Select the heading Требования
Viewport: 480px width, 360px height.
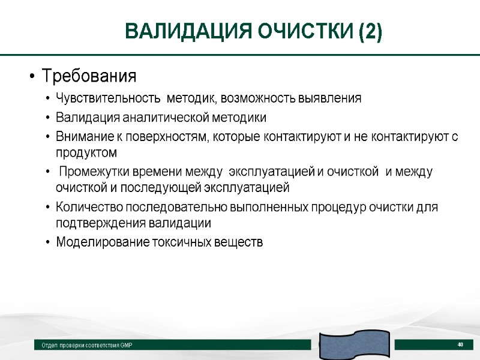(x=89, y=77)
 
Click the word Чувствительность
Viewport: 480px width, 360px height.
(x=108, y=98)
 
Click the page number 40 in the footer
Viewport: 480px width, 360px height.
(x=461, y=344)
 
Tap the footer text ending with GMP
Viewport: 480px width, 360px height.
(x=87, y=346)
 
